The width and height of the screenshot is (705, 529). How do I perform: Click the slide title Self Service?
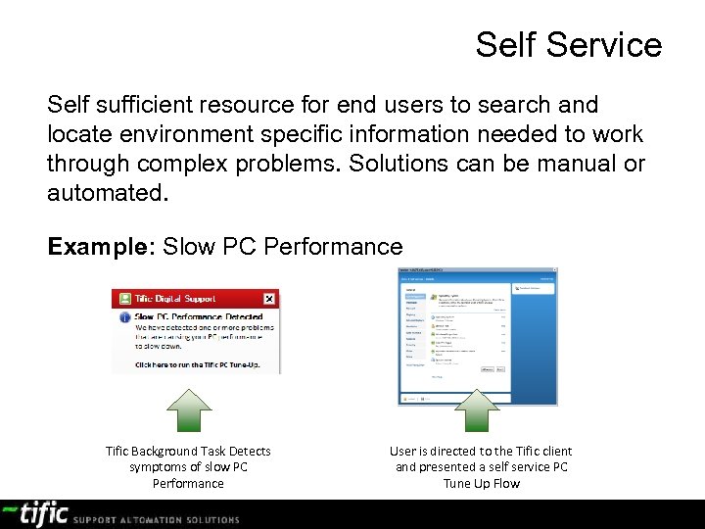[568, 45]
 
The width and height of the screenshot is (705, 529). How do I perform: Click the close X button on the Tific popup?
[269, 299]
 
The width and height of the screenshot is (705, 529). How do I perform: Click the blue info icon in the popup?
[124, 317]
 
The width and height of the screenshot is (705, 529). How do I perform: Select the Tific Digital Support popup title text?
[177, 299]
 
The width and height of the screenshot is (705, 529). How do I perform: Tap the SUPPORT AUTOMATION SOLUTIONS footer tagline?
[157, 519]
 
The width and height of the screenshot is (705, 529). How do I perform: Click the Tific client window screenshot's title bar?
[477, 271]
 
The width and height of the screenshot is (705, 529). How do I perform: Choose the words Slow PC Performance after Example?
[283, 247]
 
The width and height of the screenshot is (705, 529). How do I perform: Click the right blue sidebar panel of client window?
[534, 343]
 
